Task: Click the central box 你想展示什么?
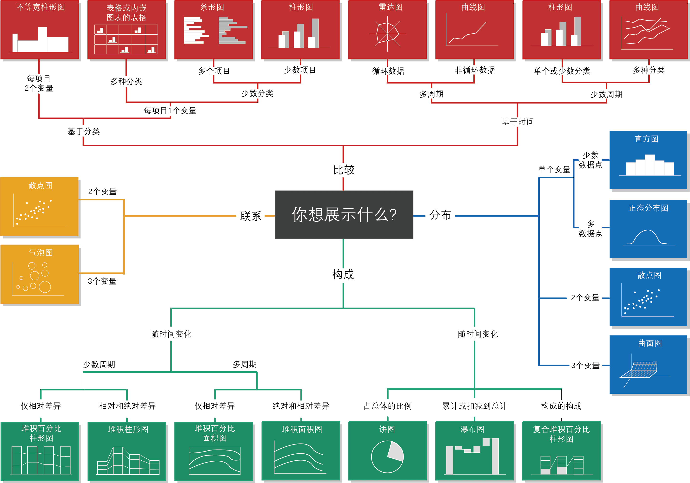tap(344, 215)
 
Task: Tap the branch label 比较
tap(344, 170)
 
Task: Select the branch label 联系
tap(251, 216)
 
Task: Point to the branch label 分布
tap(440, 215)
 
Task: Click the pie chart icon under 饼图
tap(387, 457)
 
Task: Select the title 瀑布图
tap(472, 429)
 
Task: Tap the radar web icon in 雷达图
tap(387, 33)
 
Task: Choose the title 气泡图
tap(41, 252)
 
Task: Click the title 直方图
tap(646, 139)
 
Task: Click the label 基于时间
tap(517, 122)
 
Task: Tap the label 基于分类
tap(84, 131)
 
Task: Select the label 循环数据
tap(388, 71)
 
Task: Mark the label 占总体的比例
tap(388, 406)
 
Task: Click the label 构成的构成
tap(561, 406)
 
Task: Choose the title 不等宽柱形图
tap(40, 7)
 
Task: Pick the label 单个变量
tap(554, 169)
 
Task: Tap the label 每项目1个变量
tap(170, 110)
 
